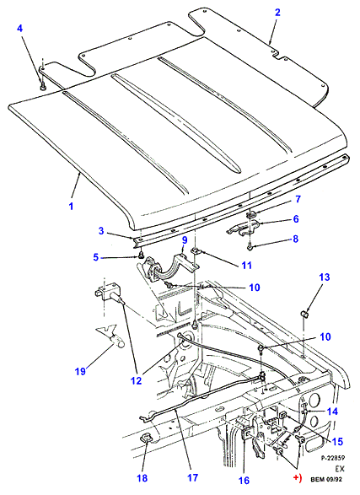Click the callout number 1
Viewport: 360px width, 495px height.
[71, 207]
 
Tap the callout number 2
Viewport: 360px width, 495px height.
[277, 13]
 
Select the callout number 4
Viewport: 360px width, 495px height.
[20, 29]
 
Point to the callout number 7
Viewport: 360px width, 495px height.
[298, 199]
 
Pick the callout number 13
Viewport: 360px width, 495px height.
[325, 277]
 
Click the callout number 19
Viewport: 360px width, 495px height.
[80, 371]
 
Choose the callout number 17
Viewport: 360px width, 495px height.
[192, 477]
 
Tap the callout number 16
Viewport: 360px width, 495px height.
[244, 481]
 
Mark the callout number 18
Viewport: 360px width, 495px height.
[142, 478]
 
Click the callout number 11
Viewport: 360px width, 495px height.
[246, 265]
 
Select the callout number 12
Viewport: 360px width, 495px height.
[137, 380]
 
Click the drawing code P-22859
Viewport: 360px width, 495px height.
[333, 458]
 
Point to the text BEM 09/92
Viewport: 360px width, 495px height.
[326, 479]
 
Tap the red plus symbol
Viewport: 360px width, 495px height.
[296, 477]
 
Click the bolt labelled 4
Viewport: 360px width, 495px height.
[43, 85]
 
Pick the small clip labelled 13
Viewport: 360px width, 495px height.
[304, 315]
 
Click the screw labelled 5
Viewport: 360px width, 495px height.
[142, 253]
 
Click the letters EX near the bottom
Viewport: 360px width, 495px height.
[340, 469]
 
